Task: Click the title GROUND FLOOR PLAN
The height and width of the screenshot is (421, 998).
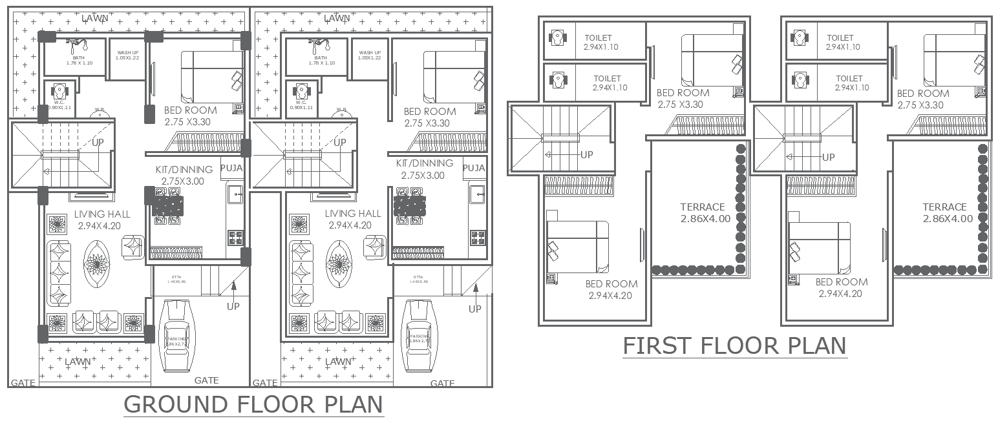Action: (x=253, y=405)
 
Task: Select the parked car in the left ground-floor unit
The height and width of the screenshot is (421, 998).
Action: (x=176, y=336)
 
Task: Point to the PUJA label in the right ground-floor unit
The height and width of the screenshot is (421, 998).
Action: (x=474, y=168)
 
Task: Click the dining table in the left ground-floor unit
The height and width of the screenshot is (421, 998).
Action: (x=168, y=207)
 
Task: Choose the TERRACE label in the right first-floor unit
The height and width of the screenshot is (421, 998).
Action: (x=944, y=207)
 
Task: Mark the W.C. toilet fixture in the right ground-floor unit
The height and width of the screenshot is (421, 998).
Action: (x=301, y=90)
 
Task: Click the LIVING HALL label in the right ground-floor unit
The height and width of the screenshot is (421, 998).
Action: (x=353, y=214)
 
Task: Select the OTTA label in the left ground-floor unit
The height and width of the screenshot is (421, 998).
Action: (x=176, y=277)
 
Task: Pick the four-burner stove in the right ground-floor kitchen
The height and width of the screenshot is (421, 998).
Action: (x=478, y=237)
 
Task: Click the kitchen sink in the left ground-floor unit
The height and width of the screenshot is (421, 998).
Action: (x=235, y=193)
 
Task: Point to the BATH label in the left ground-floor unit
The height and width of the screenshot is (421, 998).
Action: (x=79, y=57)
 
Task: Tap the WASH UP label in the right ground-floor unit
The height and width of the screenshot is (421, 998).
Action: (x=369, y=53)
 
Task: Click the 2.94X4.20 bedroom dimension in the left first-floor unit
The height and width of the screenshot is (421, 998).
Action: (x=610, y=296)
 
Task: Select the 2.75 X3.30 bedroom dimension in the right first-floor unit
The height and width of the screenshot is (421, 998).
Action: (x=922, y=105)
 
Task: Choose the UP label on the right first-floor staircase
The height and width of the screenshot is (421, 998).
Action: (x=828, y=157)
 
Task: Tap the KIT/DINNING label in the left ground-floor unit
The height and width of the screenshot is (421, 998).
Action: (x=184, y=170)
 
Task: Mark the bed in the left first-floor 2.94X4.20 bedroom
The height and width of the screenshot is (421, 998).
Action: (x=577, y=246)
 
